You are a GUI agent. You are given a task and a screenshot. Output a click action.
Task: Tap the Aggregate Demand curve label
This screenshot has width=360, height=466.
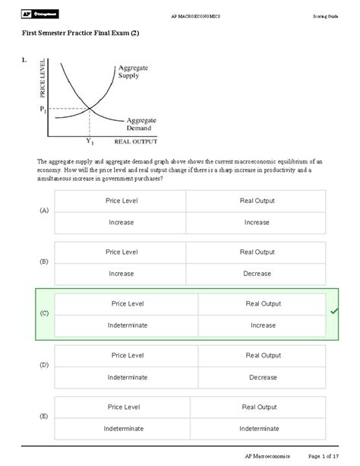coord(141,124)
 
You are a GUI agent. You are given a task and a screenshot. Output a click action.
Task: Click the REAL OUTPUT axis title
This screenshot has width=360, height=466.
coord(135,141)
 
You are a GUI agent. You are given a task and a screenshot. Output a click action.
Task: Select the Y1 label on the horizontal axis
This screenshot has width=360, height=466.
coord(89,141)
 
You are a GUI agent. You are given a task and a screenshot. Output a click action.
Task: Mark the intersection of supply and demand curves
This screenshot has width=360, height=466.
coord(90,109)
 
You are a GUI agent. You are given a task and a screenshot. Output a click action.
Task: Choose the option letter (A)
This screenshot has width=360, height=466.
coord(44,211)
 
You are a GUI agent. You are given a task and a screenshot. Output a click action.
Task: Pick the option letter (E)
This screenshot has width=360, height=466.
coord(44,417)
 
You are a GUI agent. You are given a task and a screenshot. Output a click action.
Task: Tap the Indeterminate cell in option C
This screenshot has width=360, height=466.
coord(127,325)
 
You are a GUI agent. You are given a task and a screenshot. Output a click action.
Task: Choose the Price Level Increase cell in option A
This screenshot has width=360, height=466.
coord(121,222)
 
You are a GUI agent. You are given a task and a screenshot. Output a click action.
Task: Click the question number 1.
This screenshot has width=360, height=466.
coord(24,59)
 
